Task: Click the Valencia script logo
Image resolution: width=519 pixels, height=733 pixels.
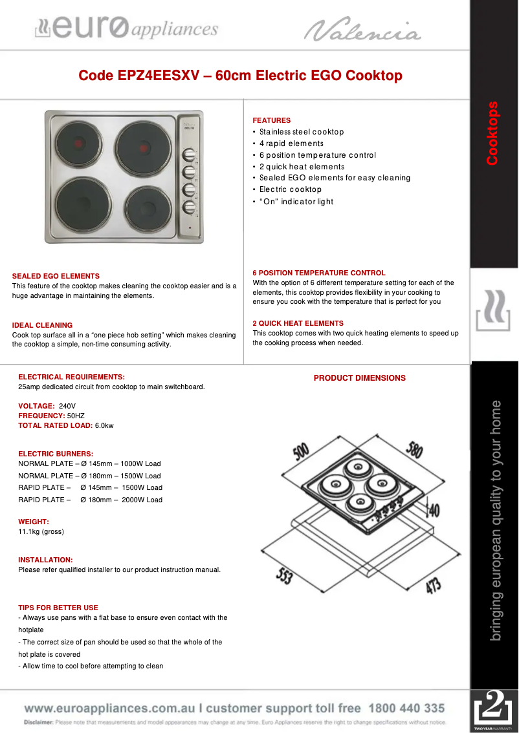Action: click(362, 29)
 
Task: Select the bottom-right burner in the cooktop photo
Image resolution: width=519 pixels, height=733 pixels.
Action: click(149, 208)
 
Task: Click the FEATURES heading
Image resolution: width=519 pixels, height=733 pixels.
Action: click(272, 120)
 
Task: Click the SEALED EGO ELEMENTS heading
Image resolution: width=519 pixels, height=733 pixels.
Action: click(56, 276)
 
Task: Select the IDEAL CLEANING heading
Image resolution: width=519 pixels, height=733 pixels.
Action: click(42, 325)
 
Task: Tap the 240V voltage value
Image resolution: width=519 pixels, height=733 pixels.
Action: click(67, 406)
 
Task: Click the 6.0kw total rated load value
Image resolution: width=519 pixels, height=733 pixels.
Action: click(104, 425)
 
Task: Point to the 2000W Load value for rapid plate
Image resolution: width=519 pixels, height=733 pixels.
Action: click(143, 500)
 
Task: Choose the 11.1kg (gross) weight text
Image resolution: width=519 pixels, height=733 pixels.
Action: click(41, 531)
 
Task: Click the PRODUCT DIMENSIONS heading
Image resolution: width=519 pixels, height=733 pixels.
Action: click(360, 378)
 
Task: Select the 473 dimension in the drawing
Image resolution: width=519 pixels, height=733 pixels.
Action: click(434, 585)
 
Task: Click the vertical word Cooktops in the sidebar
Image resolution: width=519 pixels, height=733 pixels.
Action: click(493, 133)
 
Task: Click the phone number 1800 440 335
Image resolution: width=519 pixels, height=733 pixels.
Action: click(407, 708)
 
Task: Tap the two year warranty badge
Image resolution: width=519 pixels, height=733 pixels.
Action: click(494, 711)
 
